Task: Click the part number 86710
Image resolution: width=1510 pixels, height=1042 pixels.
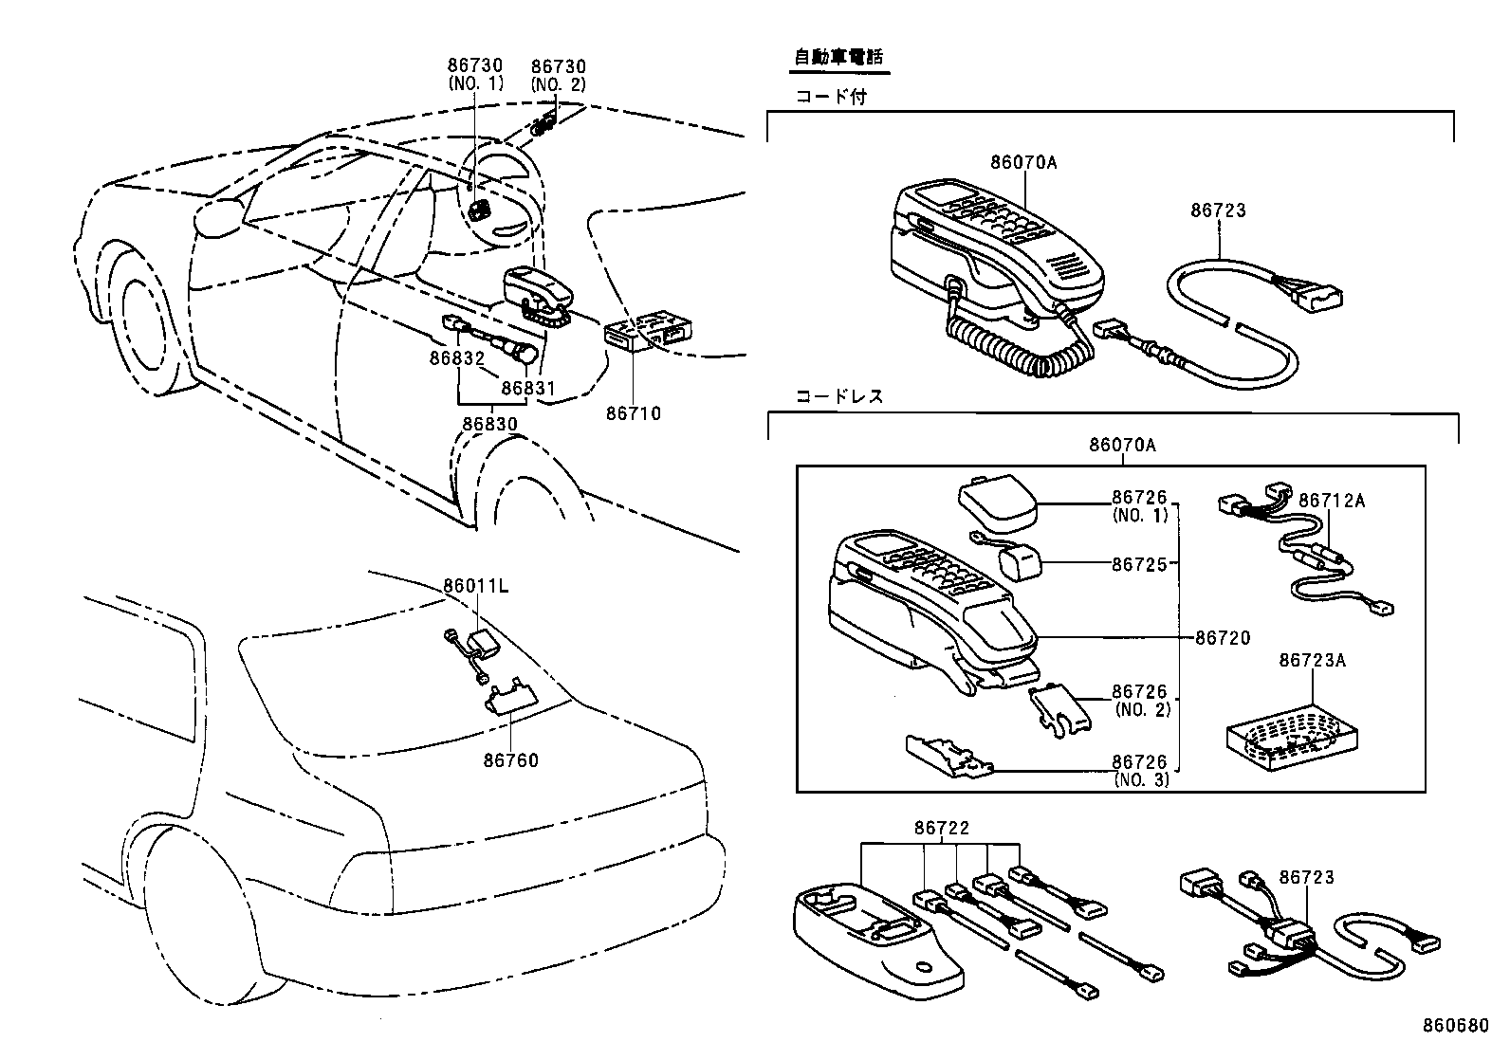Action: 634,413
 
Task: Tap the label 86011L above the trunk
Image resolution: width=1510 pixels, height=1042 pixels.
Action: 475,586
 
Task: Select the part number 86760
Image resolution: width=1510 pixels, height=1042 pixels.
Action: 510,760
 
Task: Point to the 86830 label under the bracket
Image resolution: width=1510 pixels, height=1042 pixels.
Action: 489,424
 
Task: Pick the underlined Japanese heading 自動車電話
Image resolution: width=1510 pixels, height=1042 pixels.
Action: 838,57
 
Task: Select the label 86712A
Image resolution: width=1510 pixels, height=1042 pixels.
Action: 1331,501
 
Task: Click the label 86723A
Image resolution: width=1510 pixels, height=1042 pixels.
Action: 1312,660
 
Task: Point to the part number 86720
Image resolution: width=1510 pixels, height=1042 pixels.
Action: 1223,638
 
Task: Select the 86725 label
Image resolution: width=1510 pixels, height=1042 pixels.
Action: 1139,564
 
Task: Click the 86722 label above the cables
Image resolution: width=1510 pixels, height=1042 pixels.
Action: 942,828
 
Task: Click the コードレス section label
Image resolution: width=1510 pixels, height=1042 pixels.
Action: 839,396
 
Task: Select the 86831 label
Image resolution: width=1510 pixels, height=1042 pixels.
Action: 527,388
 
